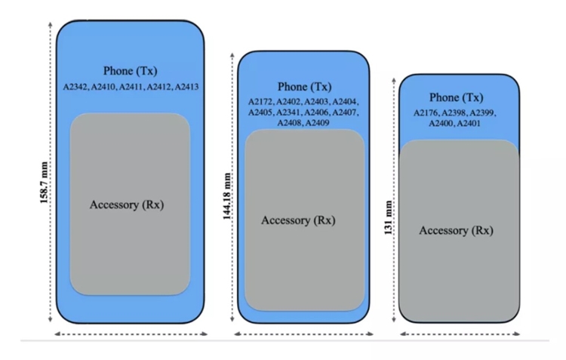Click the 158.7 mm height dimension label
[x=44, y=183]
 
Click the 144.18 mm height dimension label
[x=226, y=196]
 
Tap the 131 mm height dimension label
[x=389, y=217]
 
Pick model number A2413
[x=186, y=87]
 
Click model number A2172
[x=260, y=102]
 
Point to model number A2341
[x=288, y=112]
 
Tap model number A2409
[x=317, y=123]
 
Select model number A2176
[x=426, y=113]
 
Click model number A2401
[x=469, y=124]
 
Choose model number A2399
[x=481, y=113]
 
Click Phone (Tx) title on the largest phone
[x=131, y=71]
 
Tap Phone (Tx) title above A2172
[x=304, y=87]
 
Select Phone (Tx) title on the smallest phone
[x=457, y=97]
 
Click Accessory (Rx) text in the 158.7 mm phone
[x=127, y=205]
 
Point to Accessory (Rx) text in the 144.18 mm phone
[x=298, y=220]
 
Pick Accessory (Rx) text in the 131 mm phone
[x=456, y=230]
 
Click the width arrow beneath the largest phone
[x=131, y=334]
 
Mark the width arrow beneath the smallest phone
[x=460, y=334]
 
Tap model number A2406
[x=316, y=112]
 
